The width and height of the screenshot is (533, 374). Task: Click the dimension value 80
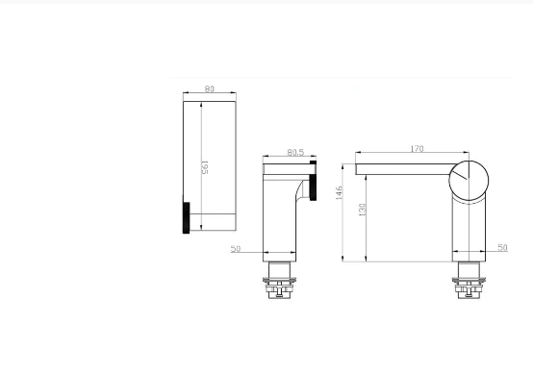(x=210, y=89)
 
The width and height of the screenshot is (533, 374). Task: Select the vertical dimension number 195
(x=205, y=167)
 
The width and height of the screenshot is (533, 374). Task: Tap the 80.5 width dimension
(x=295, y=153)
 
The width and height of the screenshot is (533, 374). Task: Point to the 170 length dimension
(x=417, y=149)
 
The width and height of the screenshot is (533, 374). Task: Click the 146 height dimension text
(x=339, y=192)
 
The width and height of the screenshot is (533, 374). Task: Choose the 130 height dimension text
(x=362, y=210)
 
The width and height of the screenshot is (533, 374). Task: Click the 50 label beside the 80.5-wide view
(x=235, y=249)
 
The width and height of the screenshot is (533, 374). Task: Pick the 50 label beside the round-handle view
(x=502, y=248)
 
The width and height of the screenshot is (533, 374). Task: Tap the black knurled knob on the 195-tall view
(x=187, y=217)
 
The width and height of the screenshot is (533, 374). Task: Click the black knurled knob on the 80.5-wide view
(x=313, y=181)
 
